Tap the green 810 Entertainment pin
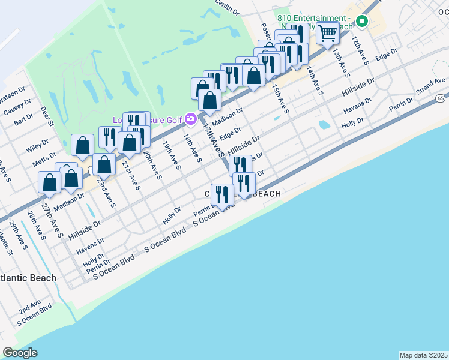tap(361, 22)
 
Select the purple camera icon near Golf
tap(191, 119)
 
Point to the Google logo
tap(20, 353)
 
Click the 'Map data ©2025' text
tap(424, 355)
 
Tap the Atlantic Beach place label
tap(28, 278)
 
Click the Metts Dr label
tap(44, 161)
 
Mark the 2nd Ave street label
tap(29, 307)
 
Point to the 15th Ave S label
tap(280, 99)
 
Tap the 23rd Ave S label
tap(106, 190)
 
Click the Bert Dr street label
tap(23, 119)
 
